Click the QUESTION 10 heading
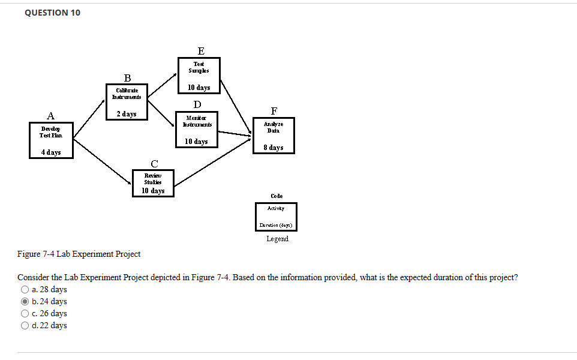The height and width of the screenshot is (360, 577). [53, 13]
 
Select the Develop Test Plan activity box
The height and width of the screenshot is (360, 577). [51, 140]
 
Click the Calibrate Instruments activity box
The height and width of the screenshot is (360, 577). [127, 101]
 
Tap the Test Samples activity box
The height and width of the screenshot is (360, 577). [199, 75]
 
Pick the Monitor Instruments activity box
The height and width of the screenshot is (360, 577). [197, 129]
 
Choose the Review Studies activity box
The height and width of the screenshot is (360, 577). [154, 182]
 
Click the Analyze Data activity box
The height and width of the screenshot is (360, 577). [274, 135]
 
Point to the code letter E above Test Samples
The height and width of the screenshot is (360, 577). [200, 50]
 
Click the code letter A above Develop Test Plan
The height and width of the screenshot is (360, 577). [51, 116]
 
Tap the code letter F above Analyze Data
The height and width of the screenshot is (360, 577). [274, 111]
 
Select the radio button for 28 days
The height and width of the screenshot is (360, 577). [25, 290]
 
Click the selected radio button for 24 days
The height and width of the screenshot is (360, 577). [25, 302]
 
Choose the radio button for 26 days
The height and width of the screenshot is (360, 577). [25, 314]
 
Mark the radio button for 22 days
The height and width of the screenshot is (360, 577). [25, 326]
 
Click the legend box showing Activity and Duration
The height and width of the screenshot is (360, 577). [276, 217]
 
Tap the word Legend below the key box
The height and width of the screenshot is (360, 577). [277, 239]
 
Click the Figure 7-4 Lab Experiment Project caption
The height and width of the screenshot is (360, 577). [79, 254]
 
